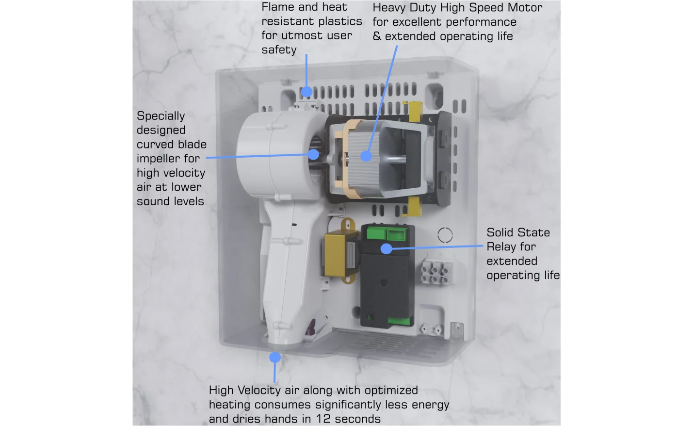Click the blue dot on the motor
[366, 156]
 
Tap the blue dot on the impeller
[314, 154]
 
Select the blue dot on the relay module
[386, 249]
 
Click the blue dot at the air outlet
[275, 358]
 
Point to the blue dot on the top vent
[306, 91]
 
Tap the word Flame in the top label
[278, 7]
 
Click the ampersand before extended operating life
[377, 36]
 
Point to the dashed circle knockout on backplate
[445, 235]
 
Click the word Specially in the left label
[161, 116]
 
